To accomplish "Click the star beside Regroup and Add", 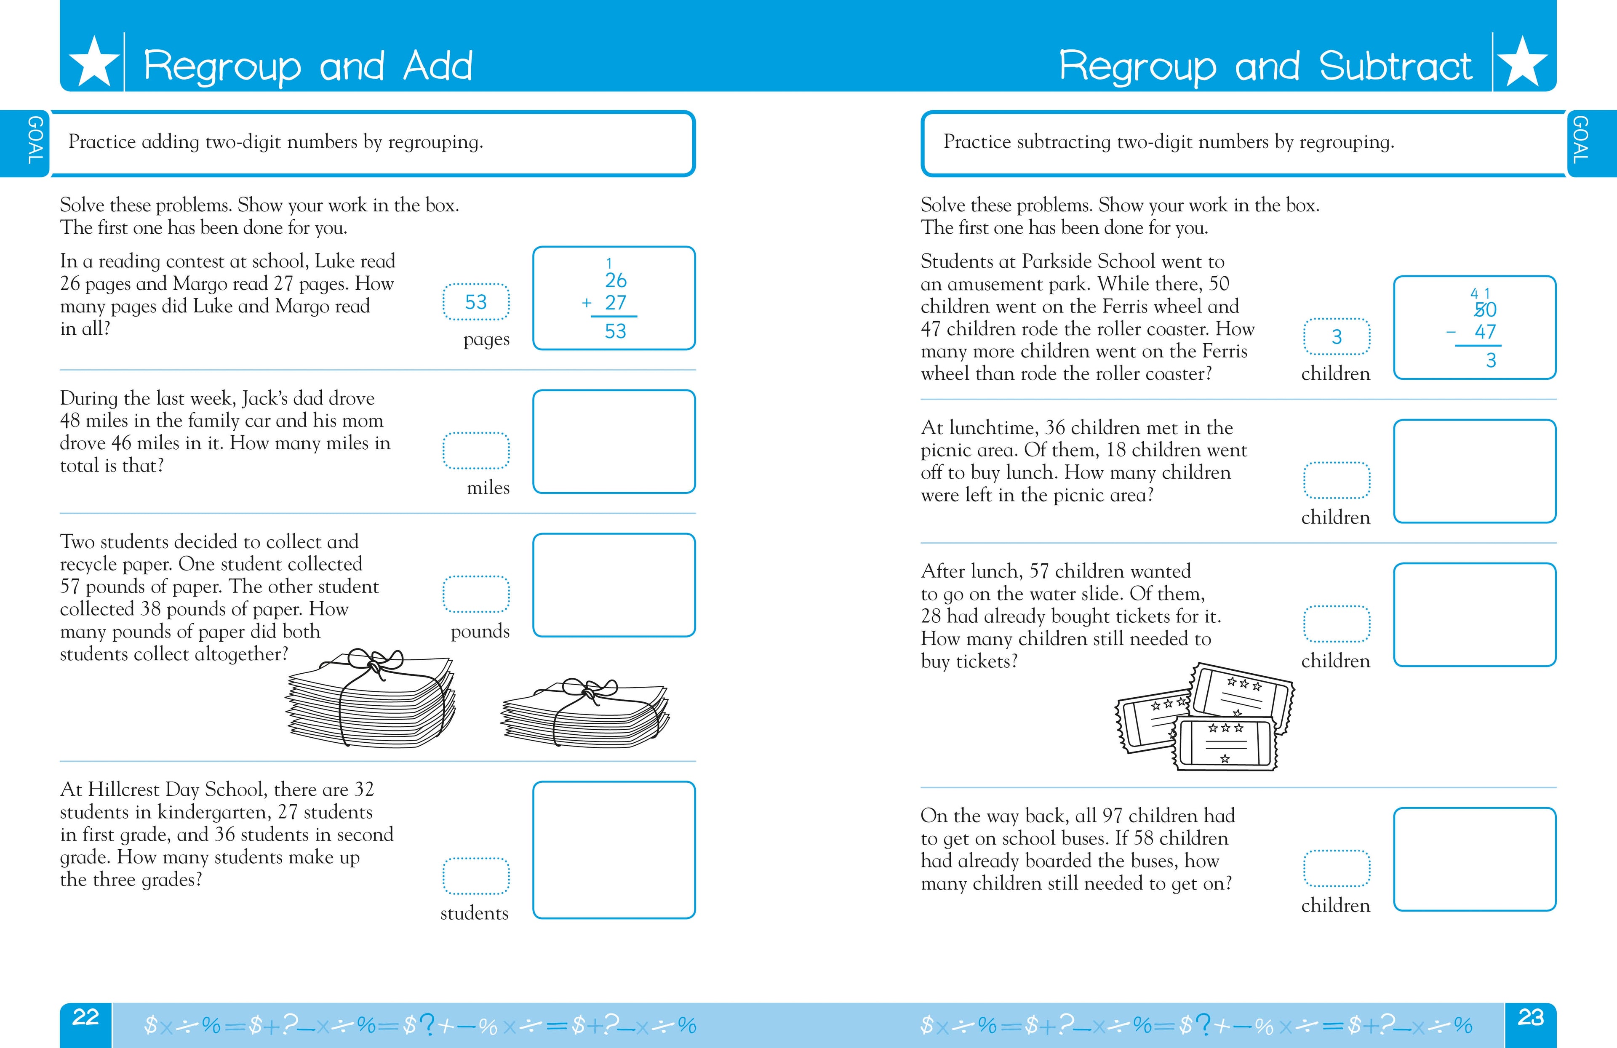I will tap(94, 62).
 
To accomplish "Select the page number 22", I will tap(85, 1017).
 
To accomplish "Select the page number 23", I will tap(1531, 1017).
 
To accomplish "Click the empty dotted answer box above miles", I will tap(475, 450).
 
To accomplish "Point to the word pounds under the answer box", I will tap(480, 632).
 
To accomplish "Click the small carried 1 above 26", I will tap(609, 263).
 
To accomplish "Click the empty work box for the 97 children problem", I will tap(1474, 859).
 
